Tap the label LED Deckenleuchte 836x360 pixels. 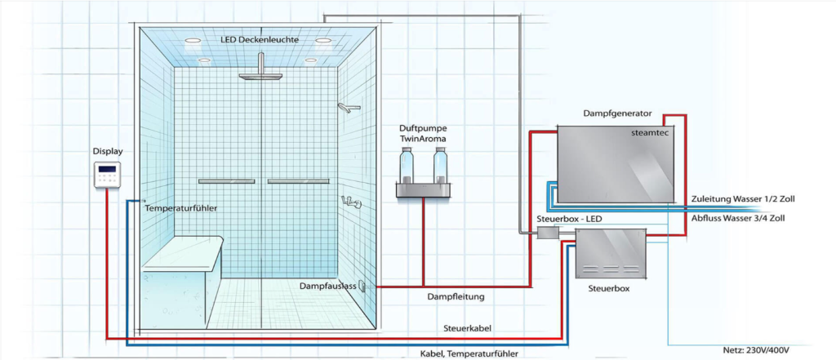(x=259, y=39)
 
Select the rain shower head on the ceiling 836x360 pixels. (x=259, y=77)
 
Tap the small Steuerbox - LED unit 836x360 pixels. (x=545, y=234)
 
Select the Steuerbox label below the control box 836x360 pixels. (x=608, y=288)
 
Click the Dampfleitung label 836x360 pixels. (x=456, y=297)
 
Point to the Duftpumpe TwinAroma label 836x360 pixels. (x=424, y=133)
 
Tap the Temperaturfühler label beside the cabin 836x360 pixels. (x=180, y=208)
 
